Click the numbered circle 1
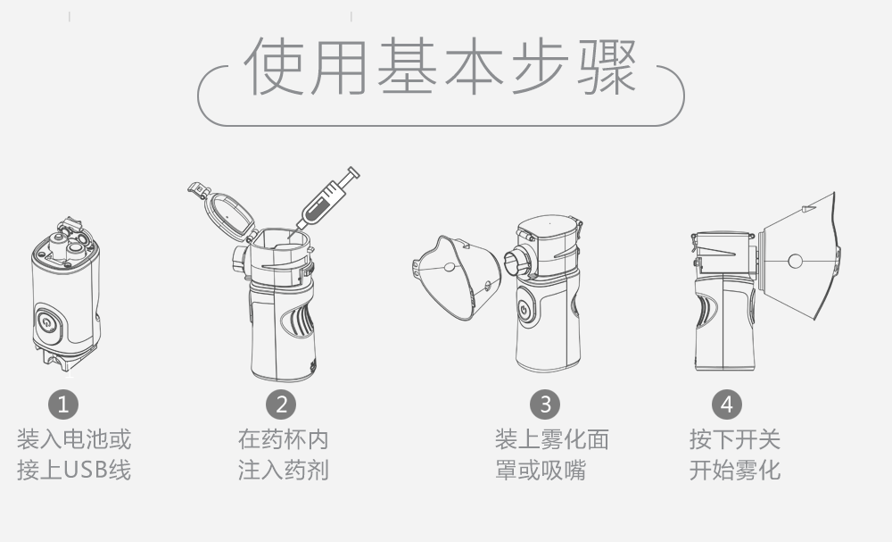63,404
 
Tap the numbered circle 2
281,404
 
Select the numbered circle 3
545,404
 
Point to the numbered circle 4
727,404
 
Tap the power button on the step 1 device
48,323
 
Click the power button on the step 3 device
525,309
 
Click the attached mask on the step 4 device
799,257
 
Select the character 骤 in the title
607,67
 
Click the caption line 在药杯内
284,439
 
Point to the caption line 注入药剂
284,471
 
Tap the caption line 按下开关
735,439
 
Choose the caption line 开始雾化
735,471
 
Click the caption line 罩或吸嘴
541,471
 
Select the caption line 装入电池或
74,439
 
